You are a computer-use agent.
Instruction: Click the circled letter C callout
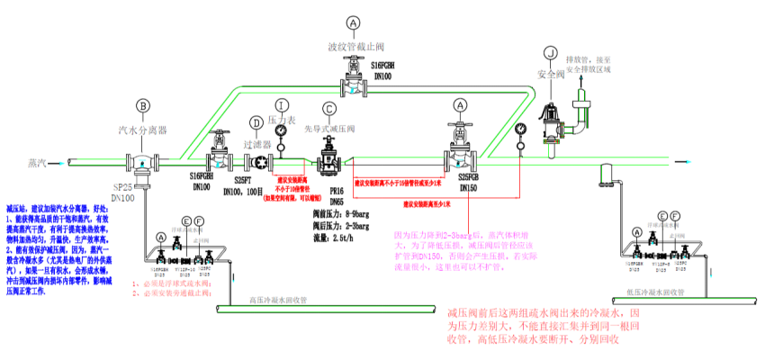point(329,109)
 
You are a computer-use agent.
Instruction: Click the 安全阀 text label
point(550,75)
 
